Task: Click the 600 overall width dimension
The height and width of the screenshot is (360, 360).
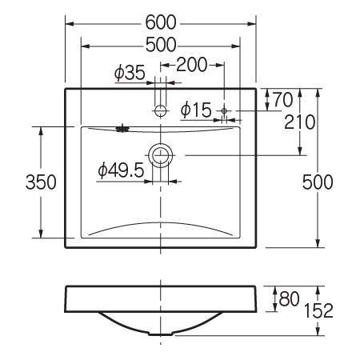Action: (x=161, y=22)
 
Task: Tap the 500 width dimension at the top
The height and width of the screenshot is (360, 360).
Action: (x=161, y=45)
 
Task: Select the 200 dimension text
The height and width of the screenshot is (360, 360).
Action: (x=192, y=65)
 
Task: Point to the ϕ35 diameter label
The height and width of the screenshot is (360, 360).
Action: (x=130, y=72)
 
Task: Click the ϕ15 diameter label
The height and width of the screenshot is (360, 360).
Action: (x=196, y=110)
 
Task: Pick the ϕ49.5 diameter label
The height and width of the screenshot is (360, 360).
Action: (x=121, y=170)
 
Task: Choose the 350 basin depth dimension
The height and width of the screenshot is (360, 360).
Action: (x=41, y=182)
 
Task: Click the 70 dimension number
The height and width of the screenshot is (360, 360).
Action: (x=283, y=100)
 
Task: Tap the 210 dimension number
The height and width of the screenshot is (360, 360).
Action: (x=300, y=122)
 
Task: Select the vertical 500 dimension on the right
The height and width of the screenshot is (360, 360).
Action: (x=318, y=182)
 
